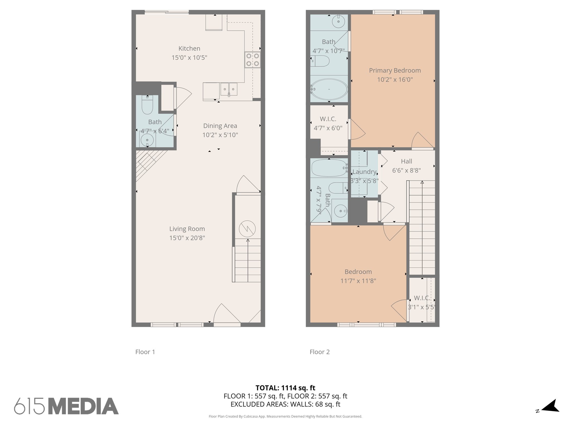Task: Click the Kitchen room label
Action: coord(189,48)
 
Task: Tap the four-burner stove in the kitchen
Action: coord(253,60)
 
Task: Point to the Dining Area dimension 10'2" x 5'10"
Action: coord(220,135)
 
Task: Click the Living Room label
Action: coord(187,229)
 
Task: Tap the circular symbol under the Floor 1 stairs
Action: coord(247,229)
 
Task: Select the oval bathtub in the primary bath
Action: coord(329,89)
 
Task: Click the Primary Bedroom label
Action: coord(395,70)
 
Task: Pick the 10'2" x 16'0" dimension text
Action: coord(395,80)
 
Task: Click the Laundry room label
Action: coord(364,172)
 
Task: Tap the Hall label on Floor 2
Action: coord(407,161)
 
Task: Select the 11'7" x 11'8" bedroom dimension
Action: coord(358,281)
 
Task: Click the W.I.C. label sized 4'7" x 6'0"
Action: coord(328,119)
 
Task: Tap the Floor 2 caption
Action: coord(320,352)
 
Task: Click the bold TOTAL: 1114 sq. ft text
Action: coord(285,388)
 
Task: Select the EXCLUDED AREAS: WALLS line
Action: coord(285,404)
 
